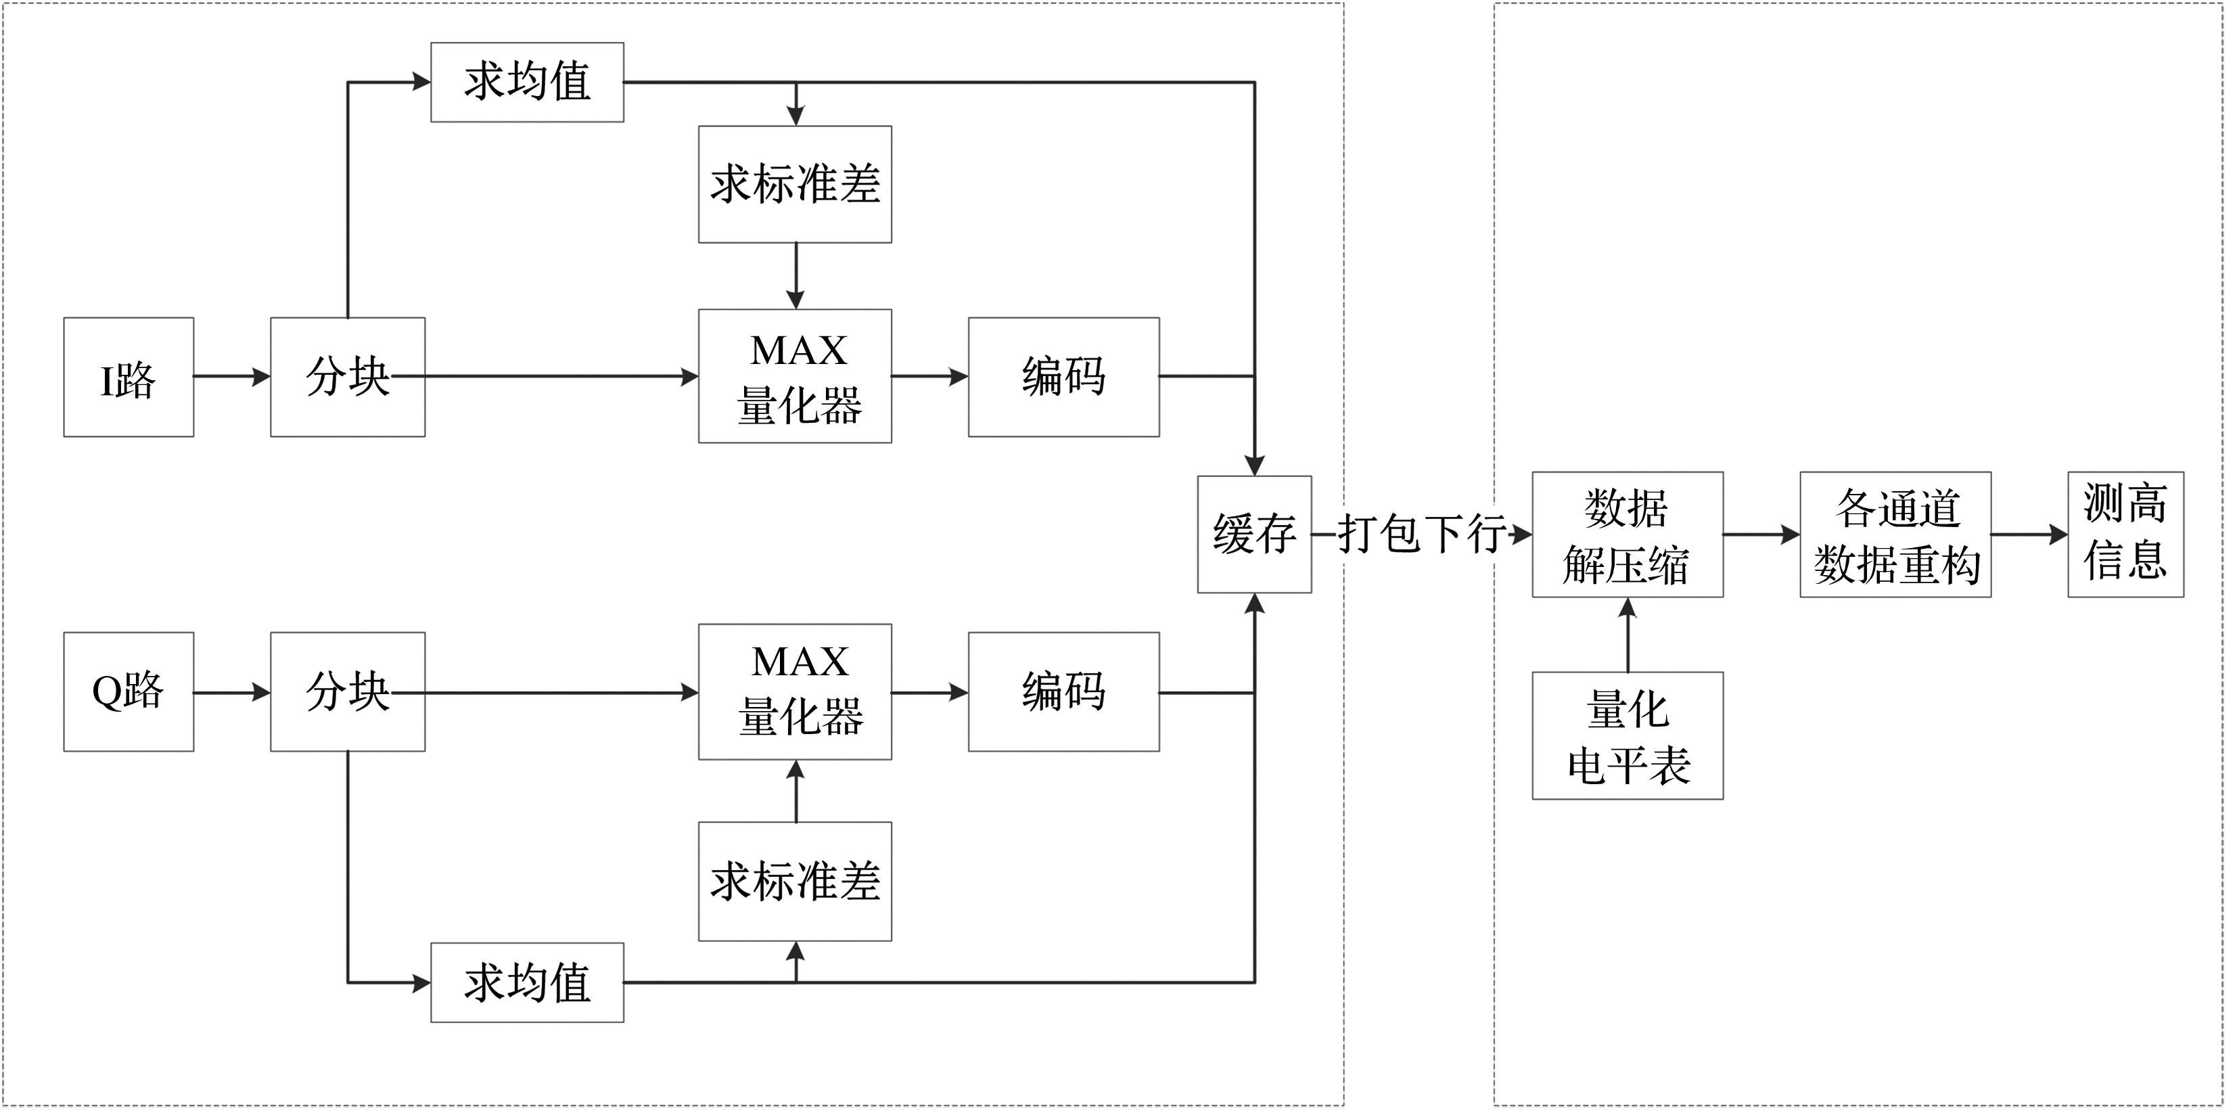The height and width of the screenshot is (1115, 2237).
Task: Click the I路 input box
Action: click(x=129, y=377)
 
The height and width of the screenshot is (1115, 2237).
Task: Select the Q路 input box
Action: click(x=129, y=691)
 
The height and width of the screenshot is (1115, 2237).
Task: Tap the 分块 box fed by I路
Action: click(x=348, y=377)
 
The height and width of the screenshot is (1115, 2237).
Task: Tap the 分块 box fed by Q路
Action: click(x=348, y=691)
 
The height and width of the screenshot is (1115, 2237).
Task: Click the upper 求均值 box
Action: click(x=527, y=83)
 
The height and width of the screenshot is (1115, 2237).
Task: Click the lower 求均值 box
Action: click(x=527, y=982)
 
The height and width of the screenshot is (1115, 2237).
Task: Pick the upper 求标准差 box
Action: click(x=795, y=184)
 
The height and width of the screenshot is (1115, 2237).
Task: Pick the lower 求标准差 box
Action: click(x=795, y=882)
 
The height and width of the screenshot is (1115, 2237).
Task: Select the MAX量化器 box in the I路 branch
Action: click(x=795, y=376)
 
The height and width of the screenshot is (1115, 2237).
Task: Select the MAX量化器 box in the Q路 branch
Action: click(x=795, y=691)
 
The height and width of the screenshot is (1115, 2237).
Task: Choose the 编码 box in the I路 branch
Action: click(x=1064, y=377)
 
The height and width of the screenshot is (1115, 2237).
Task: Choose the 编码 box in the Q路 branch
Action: click(x=1064, y=691)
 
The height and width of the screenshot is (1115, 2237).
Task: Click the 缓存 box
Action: click(x=1254, y=534)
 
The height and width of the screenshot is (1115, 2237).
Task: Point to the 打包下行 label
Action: click(x=1422, y=533)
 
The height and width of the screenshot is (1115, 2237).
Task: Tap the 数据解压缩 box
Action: click(x=1628, y=534)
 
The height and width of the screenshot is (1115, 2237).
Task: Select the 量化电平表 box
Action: click(x=1628, y=735)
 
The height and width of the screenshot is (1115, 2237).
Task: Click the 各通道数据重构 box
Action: click(x=1895, y=534)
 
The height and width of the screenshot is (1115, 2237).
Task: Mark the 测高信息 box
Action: click(x=2125, y=534)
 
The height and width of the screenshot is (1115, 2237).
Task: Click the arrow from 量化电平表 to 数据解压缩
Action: click(x=1628, y=635)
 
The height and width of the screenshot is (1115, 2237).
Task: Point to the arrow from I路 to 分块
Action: click(x=231, y=377)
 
